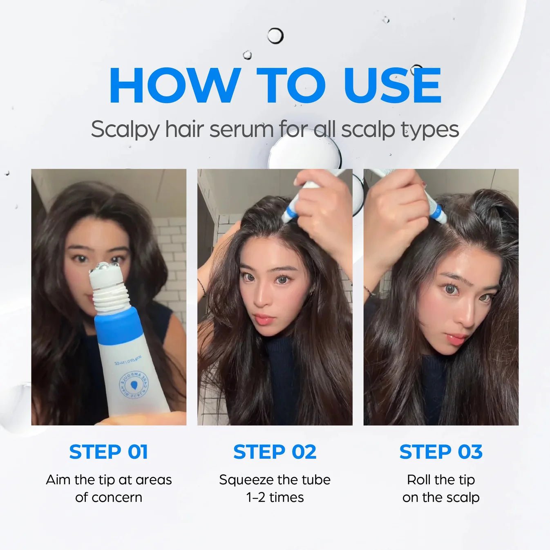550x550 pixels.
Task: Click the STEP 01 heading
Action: [109, 452]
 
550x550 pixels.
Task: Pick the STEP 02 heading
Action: [275, 452]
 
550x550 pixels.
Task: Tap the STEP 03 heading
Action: [441, 452]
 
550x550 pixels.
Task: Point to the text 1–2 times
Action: [275, 497]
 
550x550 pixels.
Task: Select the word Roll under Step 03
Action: [419, 479]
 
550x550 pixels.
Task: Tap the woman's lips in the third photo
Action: [457, 339]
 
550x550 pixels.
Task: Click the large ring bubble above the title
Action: [275, 36]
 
